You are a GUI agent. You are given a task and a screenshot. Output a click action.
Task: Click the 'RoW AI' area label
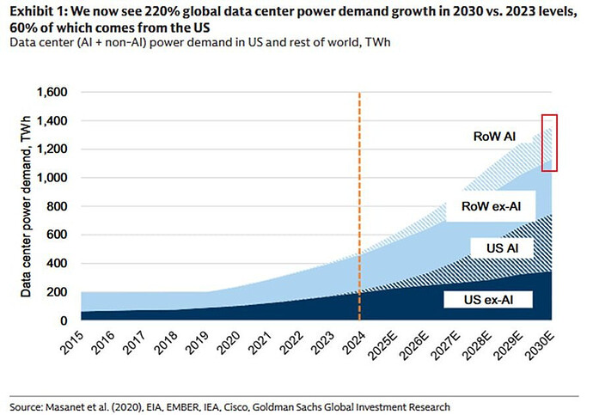click(494, 137)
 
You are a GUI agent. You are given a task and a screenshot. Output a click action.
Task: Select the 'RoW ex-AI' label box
click(491, 206)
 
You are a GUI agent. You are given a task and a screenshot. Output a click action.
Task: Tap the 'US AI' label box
click(502, 248)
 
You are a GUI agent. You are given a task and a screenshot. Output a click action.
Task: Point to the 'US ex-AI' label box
click(488, 300)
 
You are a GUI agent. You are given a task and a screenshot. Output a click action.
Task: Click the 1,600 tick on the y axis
click(52, 92)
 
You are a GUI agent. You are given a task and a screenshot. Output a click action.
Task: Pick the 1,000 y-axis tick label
click(52, 178)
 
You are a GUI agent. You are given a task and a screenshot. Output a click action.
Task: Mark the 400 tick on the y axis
click(57, 264)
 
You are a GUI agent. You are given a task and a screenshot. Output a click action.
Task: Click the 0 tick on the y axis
click(64, 320)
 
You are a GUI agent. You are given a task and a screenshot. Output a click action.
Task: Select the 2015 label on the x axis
click(71, 343)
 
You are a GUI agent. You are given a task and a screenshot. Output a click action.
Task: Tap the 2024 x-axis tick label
click(353, 343)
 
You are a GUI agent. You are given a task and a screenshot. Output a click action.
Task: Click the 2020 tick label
click(229, 343)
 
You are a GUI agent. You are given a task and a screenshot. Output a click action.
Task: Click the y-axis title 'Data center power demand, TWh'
click(26, 207)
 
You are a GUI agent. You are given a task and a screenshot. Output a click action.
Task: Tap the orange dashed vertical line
click(359, 206)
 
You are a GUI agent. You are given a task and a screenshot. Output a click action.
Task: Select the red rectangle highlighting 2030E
click(549, 115)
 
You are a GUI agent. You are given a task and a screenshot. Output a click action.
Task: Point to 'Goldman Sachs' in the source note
click(290, 407)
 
